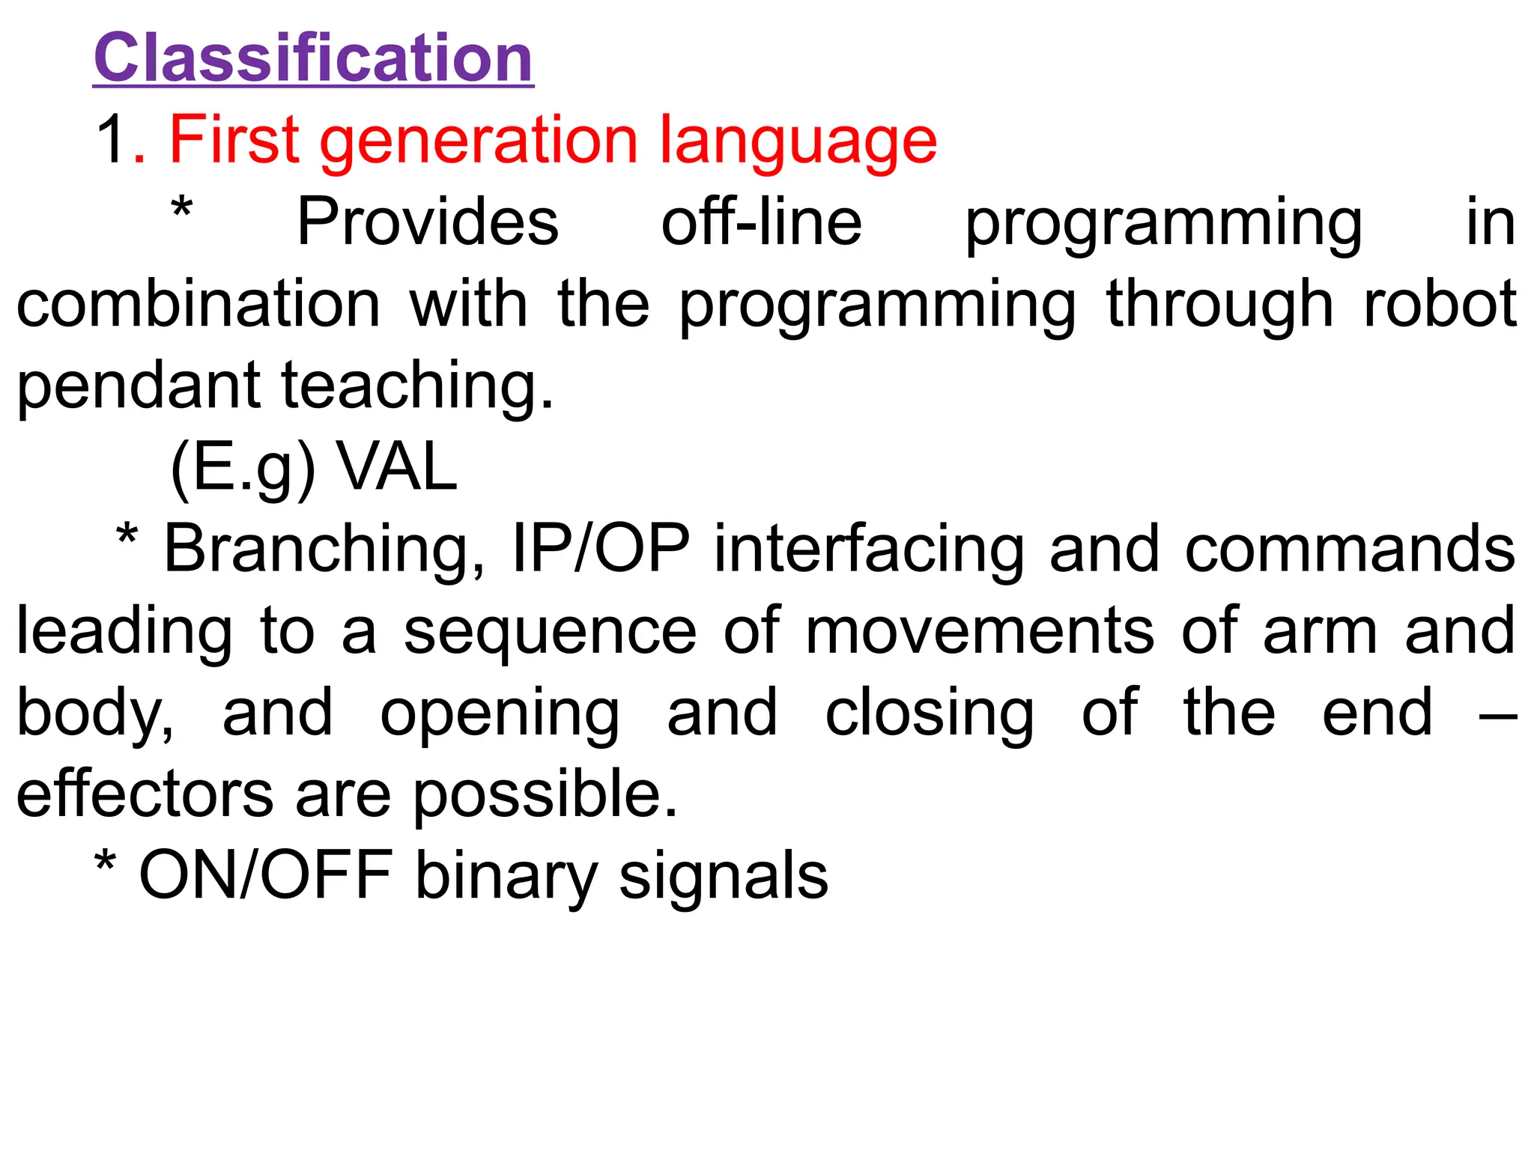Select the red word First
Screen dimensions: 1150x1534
coord(234,140)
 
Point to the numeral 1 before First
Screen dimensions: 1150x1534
coord(111,140)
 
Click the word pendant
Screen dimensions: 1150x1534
coord(139,386)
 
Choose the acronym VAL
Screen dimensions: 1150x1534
coord(397,467)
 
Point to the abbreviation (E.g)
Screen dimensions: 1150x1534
coord(243,469)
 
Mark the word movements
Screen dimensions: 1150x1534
coord(980,631)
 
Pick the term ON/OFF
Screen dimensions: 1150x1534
coord(266,875)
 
